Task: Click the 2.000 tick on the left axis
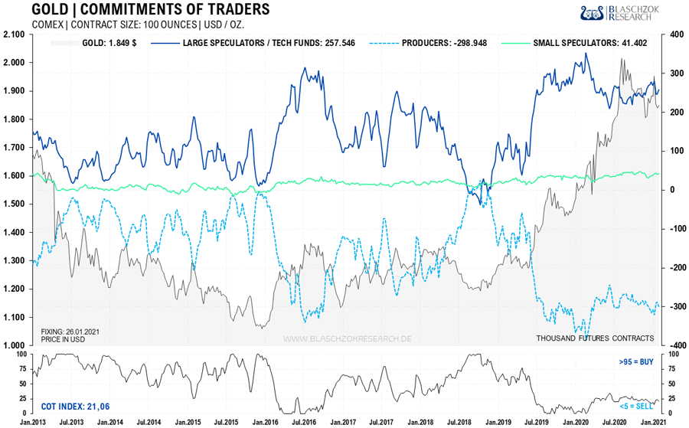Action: tap(15, 63)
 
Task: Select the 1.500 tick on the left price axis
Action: tap(15, 204)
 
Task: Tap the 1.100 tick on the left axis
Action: tap(15, 317)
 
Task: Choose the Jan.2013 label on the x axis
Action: tap(34, 422)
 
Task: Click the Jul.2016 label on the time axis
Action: tap(304, 422)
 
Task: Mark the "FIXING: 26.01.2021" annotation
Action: tap(70, 332)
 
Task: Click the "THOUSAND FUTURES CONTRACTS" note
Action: tap(595, 338)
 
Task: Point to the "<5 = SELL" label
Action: tap(636, 403)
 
